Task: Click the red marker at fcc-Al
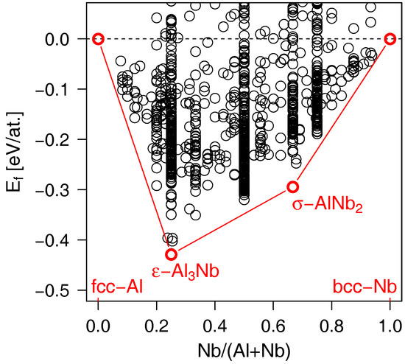point(98,39)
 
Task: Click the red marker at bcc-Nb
point(391,39)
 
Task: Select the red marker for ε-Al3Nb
point(172,254)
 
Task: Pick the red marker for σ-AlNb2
point(293,186)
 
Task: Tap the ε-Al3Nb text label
point(181,271)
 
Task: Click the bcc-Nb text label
point(367,287)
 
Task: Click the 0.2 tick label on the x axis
point(156,322)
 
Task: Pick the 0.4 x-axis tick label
point(215,322)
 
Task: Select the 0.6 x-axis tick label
point(273,322)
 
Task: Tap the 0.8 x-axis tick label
point(332,322)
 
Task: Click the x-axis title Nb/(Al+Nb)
point(244,348)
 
